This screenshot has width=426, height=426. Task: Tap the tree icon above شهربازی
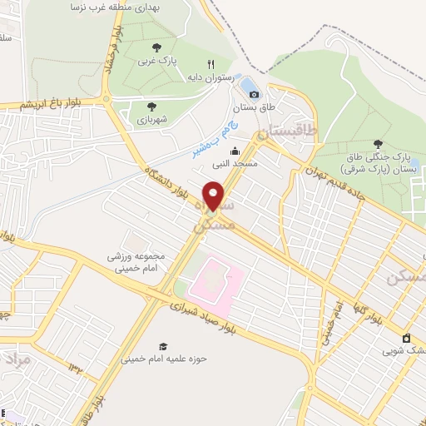151,106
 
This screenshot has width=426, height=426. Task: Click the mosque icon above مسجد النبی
235,151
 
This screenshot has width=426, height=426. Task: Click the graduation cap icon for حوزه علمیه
164,345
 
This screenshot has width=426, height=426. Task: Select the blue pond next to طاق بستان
248,86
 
